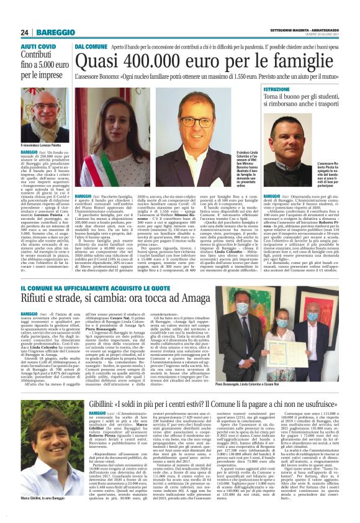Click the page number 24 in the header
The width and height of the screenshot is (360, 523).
(25, 32)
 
